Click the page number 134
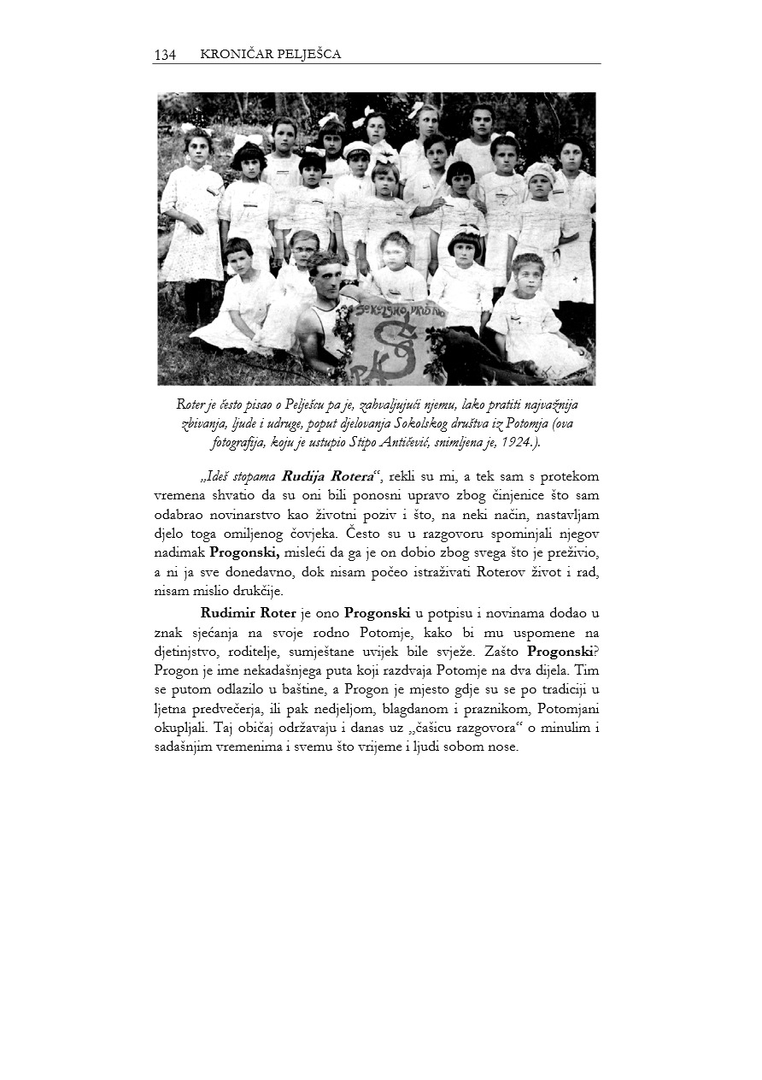165,55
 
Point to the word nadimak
179,554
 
